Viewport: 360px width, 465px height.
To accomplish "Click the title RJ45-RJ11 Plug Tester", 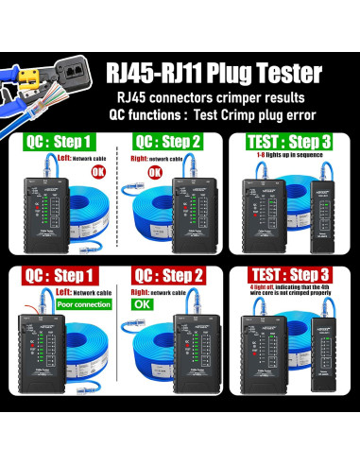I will [214, 74].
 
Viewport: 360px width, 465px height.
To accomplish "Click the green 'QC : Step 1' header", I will [61, 142].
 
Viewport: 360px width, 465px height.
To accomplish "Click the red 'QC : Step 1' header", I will [61, 276].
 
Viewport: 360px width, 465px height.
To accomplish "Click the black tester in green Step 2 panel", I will [186, 213].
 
